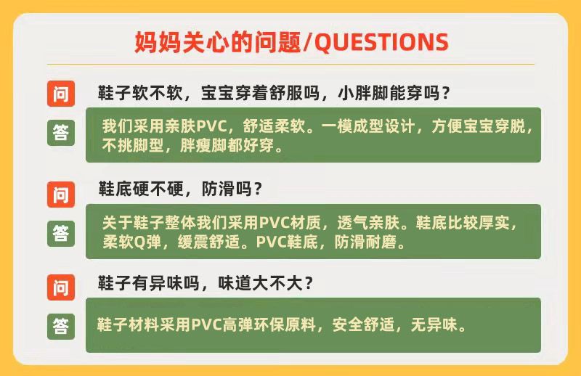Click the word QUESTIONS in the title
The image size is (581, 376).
(x=382, y=42)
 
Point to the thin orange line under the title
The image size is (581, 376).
(x=290, y=64)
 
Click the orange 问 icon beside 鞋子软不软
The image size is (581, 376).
(x=61, y=94)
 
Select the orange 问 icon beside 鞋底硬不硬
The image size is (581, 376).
(x=61, y=195)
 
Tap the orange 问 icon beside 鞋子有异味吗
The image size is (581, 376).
(x=61, y=287)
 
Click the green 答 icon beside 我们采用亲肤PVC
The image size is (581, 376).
(x=61, y=133)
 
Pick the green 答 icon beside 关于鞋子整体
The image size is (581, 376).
(x=61, y=234)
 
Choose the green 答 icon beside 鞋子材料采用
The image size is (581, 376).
(x=61, y=327)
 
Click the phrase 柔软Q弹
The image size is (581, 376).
(x=131, y=242)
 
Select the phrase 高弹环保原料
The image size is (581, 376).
(x=269, y=325)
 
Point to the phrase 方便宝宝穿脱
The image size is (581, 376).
(x=479, y=126)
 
